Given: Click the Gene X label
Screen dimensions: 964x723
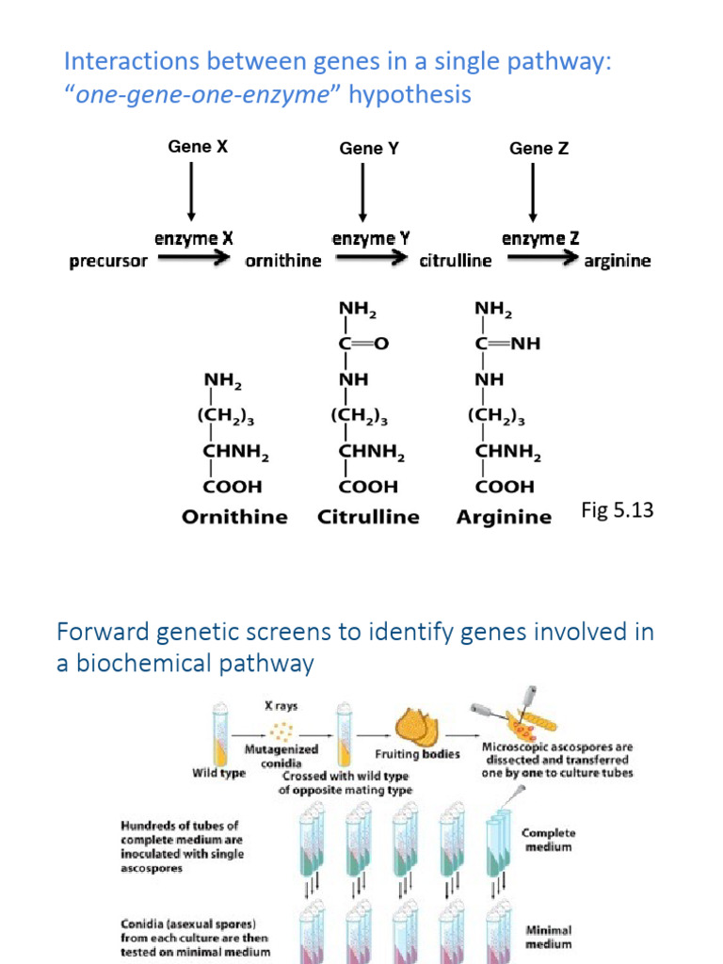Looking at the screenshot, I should [x=198, y=147].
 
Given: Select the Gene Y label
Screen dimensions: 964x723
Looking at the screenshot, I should [x=361, y=148].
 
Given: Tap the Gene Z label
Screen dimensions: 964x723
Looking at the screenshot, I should [x=538, y=148].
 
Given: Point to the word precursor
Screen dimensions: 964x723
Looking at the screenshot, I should [x=108, y=261].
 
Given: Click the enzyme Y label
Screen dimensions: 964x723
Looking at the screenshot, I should [x=370, y=238].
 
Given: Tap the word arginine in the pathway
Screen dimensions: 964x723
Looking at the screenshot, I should [x=618, y=261].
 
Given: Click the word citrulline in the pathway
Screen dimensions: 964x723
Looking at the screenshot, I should [x=455, y=261].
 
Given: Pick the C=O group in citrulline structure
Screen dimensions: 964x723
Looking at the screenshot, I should [x=362, y=344].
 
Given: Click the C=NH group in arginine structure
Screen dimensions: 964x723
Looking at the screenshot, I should [x=507, y=344].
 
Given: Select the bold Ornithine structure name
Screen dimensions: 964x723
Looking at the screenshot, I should [x=233, y=517].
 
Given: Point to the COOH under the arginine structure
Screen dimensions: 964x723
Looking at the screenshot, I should [x=504, y=487].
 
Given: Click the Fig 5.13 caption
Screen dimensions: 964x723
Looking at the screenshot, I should [x=618, y=510].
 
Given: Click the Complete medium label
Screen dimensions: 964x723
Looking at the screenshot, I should [x=549, y=840].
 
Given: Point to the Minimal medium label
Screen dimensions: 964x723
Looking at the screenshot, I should [x=549, y=937].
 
